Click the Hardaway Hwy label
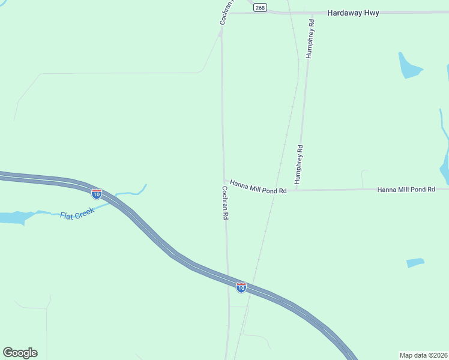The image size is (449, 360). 353,13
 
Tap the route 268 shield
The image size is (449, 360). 259,7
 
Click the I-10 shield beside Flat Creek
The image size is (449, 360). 97,194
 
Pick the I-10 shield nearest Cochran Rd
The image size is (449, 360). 241,287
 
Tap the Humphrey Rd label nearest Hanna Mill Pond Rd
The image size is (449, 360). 298,164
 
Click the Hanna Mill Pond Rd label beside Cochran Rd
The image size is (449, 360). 259,187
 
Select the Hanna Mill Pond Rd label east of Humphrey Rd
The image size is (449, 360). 406,189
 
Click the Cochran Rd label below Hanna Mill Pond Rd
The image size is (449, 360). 224,202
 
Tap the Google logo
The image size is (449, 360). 20,353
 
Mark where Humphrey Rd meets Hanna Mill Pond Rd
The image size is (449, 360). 297,190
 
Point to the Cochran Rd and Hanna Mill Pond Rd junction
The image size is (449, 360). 224,179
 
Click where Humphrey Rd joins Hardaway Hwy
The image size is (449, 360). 312,13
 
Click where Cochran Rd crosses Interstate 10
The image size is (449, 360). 228,281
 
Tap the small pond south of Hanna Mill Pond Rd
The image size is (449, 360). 415,263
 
